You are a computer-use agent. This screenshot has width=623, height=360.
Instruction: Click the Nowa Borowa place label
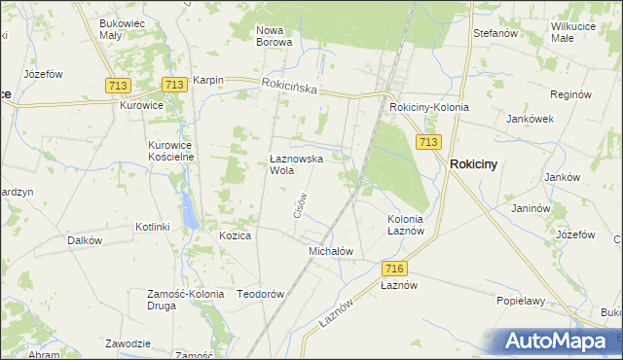click(274, 36)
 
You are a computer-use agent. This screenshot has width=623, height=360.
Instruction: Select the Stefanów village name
click(493, 33)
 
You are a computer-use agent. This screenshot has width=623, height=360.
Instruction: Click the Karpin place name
click(208, 81)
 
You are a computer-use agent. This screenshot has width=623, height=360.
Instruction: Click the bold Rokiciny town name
click(473, 164)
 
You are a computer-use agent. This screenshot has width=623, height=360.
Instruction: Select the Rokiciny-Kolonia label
click(428, 107)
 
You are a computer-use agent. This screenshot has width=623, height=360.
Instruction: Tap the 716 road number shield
click(394, 269)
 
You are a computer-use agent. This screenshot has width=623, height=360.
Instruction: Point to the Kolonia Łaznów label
click(405, 225)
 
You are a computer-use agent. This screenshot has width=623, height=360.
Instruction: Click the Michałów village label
click(330, 251)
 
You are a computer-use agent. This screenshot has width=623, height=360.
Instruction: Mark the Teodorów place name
click(260, 294)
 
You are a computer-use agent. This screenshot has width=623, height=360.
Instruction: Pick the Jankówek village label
click(530, 119)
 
